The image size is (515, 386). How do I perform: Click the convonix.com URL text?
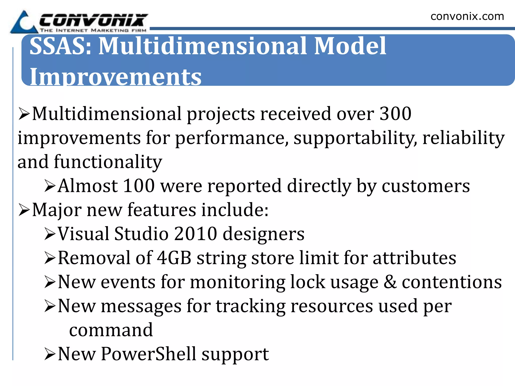point(467,17)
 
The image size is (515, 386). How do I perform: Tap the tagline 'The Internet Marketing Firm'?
point(93,30)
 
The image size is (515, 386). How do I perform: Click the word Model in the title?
point(350,46)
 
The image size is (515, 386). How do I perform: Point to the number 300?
point(395,114)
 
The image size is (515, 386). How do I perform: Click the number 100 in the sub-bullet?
point(139,186)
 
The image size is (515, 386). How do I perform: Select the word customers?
point(425,186)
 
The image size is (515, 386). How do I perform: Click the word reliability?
point(463,138)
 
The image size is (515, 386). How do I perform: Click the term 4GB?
point(174,258)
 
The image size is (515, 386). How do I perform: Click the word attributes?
point(414,258)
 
